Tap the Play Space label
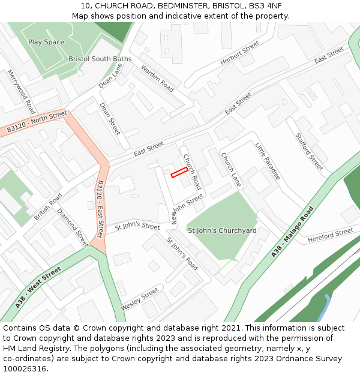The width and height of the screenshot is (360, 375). [46, 42]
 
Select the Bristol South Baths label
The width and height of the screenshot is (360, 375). [100, 59]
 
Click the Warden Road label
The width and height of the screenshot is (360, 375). [157, 78]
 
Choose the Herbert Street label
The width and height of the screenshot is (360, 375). [239, 53]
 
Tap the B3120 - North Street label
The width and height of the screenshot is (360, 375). [37, 122]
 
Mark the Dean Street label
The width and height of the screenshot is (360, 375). [110, 118]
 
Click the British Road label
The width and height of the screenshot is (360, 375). [48, 206]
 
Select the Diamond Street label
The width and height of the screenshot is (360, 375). [73, 227]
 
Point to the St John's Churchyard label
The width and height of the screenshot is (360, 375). [222, 230]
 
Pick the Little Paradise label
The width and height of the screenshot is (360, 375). [267, 161]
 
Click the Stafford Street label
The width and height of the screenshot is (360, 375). [309, 151]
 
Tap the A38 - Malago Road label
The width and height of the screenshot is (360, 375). [292, 232]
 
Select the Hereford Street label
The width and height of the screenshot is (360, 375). [331, 235]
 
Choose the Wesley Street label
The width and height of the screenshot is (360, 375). [140, 299]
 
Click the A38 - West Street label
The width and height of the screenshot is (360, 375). [38, 288]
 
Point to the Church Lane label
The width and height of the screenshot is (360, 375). [231, 170]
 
